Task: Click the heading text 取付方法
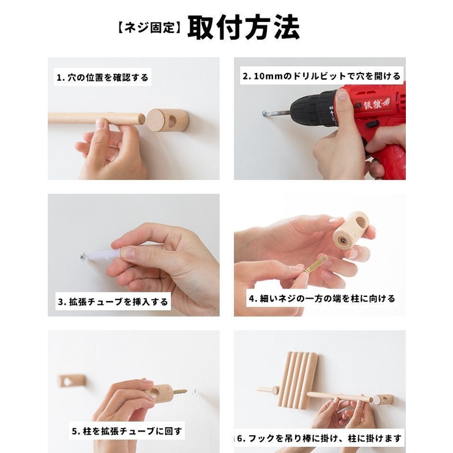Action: pos(243,28)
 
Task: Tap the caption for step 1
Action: pos(102,78)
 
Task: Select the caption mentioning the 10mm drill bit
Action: pos(321,76)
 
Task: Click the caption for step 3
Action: pos(113,302)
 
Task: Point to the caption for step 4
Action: pos(321,299)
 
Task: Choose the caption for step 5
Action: pos(126,431)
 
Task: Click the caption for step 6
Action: pos(320,438)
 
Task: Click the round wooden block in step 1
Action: pos(167,120)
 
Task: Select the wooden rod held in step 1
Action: pos(92,118)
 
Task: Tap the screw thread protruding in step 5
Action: pos(182,389)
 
